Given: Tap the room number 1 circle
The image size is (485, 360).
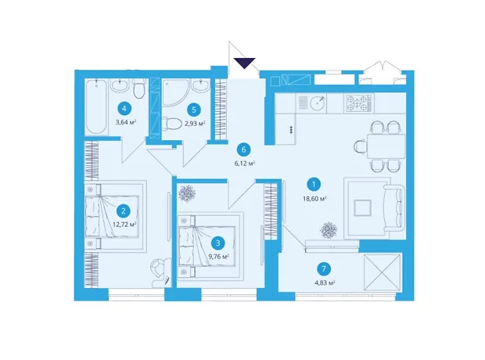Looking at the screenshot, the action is [x=314, y=185].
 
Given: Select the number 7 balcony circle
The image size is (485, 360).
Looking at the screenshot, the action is [x=324, y=268].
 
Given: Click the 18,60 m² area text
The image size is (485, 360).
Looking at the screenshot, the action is [x=315, y=199].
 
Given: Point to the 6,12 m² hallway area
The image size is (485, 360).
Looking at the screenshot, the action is [x=244, y=163].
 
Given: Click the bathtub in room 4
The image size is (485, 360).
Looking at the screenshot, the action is [x=96, y=106].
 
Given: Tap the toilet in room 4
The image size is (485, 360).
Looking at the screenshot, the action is [x=139, y=88].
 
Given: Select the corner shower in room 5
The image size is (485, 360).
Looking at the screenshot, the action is [x=175, y=93].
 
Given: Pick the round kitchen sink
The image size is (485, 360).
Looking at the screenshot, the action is [x=318, y=103].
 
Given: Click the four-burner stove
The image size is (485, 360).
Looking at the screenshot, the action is [x=358, y=103].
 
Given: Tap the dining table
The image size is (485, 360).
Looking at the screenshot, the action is [x=386, y=146].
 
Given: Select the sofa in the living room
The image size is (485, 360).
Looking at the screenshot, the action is [x=394, y=207].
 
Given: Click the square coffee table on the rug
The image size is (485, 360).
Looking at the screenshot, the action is [x=362, y=207].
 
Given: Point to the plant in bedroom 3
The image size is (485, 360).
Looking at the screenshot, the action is [x=187, y=193].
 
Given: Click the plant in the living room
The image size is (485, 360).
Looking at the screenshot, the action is [x=329, y=230].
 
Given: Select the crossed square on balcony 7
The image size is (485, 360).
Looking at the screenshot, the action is [x=383, y=272].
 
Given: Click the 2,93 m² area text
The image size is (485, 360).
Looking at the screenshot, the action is [x=195, y=124].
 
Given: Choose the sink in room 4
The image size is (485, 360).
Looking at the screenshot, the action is [x=120, y=85].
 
